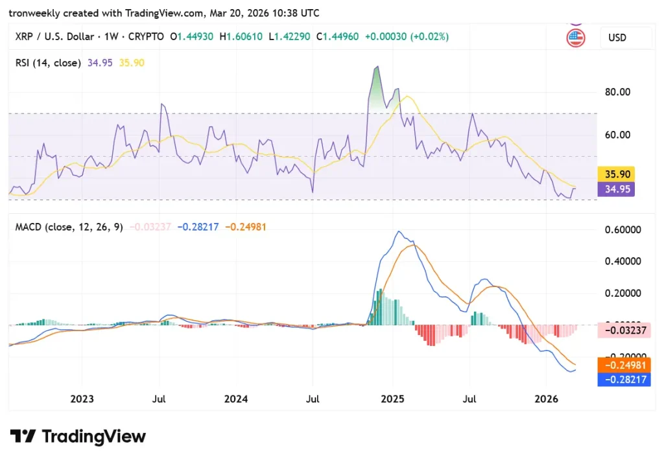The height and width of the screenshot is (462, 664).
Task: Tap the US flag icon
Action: pyautogui.click(x=575, y=38)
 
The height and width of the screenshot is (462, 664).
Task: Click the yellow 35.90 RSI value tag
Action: pyautogui.click(x=615, y=174)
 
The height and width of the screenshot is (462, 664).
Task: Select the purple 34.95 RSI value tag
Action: pyautogui.click(x=615, y=189)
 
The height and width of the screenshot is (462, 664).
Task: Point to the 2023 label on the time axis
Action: pyautogui.click(x=82, y=399)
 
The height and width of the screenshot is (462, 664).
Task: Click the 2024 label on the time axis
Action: pyautogui.click(x=236, y=399)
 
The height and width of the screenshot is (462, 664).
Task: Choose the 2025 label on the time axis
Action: pyautogui.click(x=392, y=399)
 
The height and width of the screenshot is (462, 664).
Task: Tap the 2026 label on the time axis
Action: pyautogui.click(x=546, y=399)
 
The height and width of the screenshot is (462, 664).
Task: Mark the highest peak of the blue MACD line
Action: pyautogui.click(x=399, y=231)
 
